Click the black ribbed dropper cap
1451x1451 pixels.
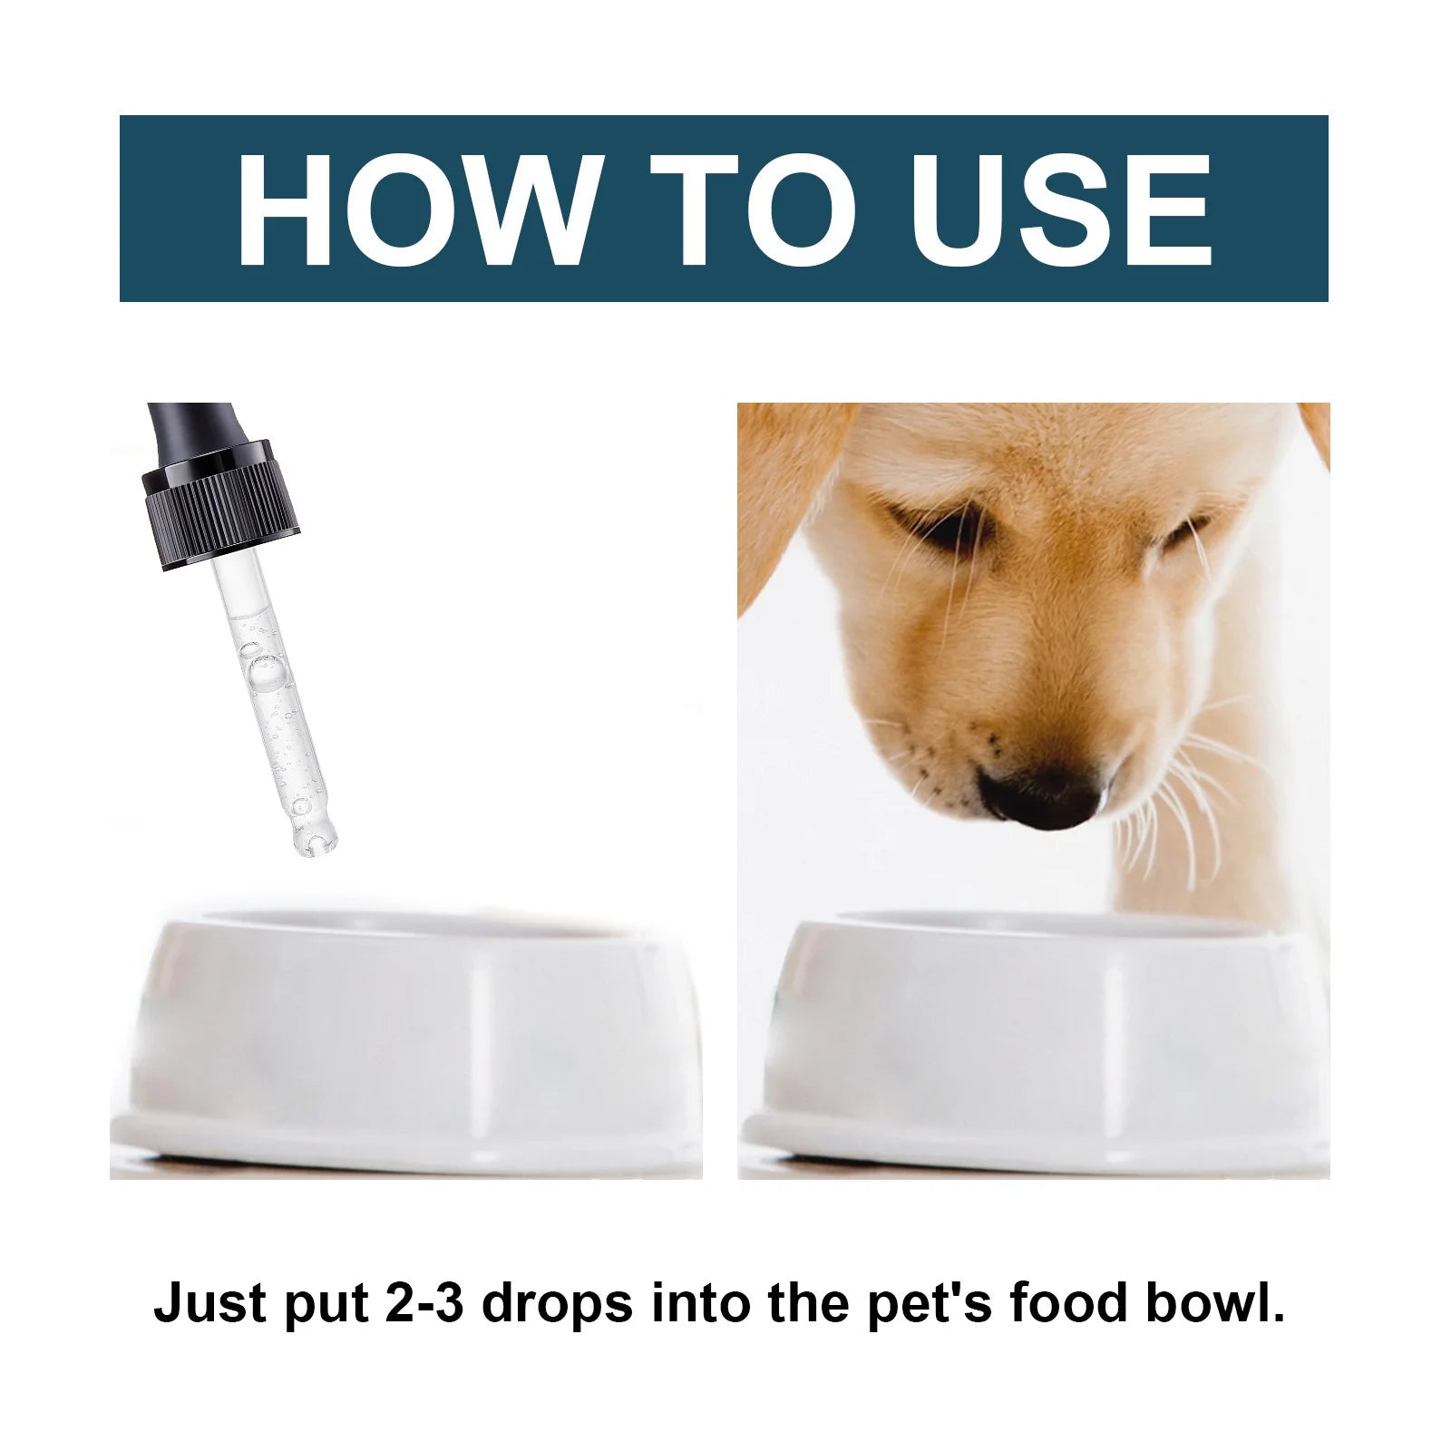[220, 505]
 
